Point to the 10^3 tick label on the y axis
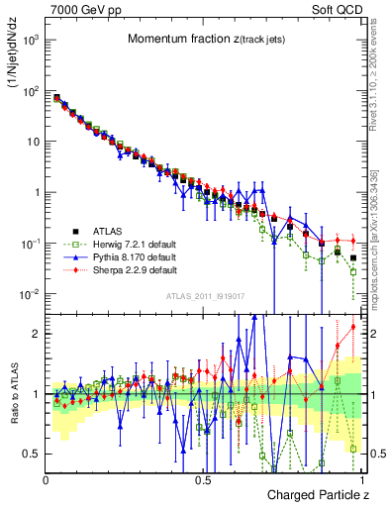[32, 40]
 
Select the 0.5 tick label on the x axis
[203, 480]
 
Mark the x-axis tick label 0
[47, 480]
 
